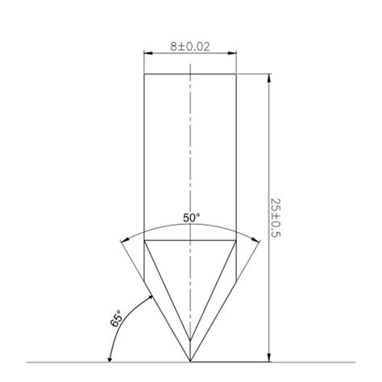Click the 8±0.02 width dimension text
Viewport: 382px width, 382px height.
[x=189, y=47]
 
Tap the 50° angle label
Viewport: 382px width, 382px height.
[x=191, y=218]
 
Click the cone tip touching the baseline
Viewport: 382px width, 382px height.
[x=190, y=360]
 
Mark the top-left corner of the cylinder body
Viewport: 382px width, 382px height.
[x=144, y=74]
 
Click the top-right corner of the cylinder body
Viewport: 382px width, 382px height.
[x=236, y=74]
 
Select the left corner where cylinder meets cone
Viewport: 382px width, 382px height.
[x=144, y=241]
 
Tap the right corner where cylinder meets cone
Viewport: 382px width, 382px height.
[x=236, y=241]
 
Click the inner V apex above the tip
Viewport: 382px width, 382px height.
[x=190, y=338]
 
